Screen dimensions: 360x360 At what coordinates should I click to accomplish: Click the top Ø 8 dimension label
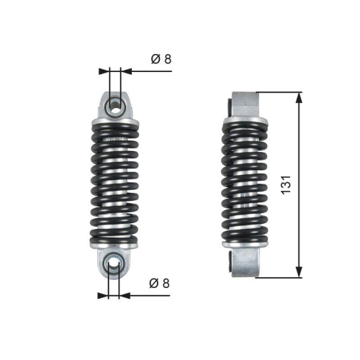[x=161, y=60]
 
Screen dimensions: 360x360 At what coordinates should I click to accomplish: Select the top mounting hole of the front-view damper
[x=114, y=105]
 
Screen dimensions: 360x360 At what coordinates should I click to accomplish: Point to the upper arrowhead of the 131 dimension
[x=297, y=96]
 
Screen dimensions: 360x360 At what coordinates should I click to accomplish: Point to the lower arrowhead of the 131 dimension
[x=297, y=273]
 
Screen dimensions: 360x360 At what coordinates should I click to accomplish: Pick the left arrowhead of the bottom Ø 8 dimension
[x=104, y=294]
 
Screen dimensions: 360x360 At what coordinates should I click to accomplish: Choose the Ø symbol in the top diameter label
[x=156, y=60]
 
